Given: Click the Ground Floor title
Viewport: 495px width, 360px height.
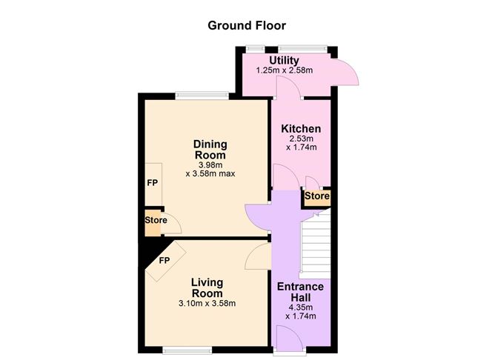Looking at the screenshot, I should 247,24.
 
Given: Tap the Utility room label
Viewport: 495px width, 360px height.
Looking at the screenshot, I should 284,61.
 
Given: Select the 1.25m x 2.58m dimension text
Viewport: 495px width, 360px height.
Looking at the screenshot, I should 284,71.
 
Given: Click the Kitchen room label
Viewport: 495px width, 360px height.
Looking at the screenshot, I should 301,128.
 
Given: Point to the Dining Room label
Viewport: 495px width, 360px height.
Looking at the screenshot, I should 210,149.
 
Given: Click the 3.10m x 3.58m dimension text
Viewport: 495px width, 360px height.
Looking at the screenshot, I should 207,303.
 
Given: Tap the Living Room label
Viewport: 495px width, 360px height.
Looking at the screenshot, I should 207,287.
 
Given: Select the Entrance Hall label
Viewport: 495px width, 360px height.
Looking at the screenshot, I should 301,292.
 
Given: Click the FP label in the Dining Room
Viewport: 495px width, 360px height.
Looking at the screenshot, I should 151,182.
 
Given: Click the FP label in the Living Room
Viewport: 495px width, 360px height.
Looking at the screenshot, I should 164,260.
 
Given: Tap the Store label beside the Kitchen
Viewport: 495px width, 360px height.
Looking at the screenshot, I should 316,197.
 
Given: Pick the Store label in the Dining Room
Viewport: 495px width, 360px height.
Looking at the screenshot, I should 155,220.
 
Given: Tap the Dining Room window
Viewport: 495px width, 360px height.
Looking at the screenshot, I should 202,95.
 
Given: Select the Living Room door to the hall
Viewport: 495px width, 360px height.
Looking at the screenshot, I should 259,256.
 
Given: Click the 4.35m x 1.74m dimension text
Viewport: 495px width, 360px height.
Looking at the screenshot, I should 301,311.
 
